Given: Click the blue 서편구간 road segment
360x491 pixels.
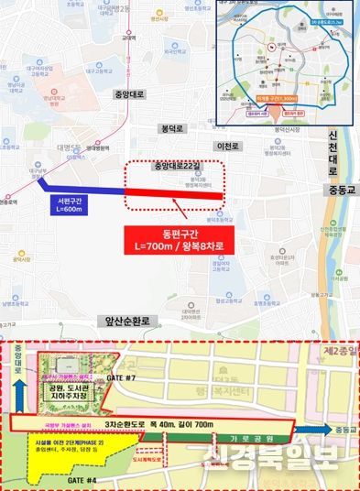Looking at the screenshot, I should (82, 188).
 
